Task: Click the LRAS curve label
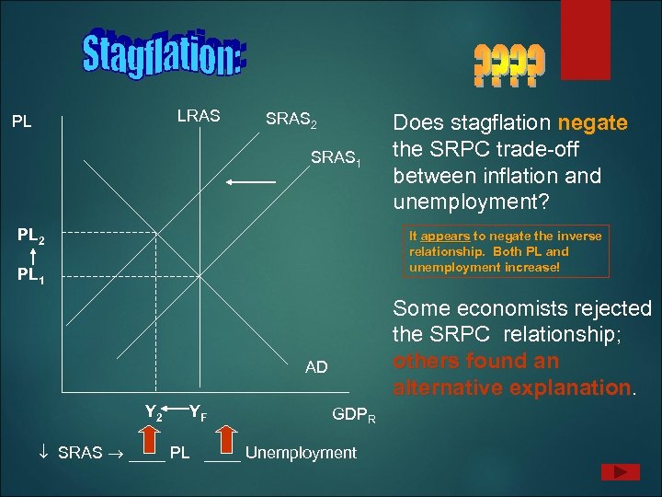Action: [x=199, y=116]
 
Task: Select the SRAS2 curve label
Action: [x=291, y=119]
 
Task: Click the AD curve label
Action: [x=316, y=367]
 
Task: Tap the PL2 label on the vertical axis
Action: [x=30, y=237]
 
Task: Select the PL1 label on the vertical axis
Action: [x=30, y=275]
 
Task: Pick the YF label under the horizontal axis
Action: [x=198, y=414]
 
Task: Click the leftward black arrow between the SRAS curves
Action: [x=251, y=183]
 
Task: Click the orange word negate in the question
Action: [x=593, y=123]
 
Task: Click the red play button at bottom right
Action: [x=620, y=472]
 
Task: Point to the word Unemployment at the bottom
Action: [x=301, y=452]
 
